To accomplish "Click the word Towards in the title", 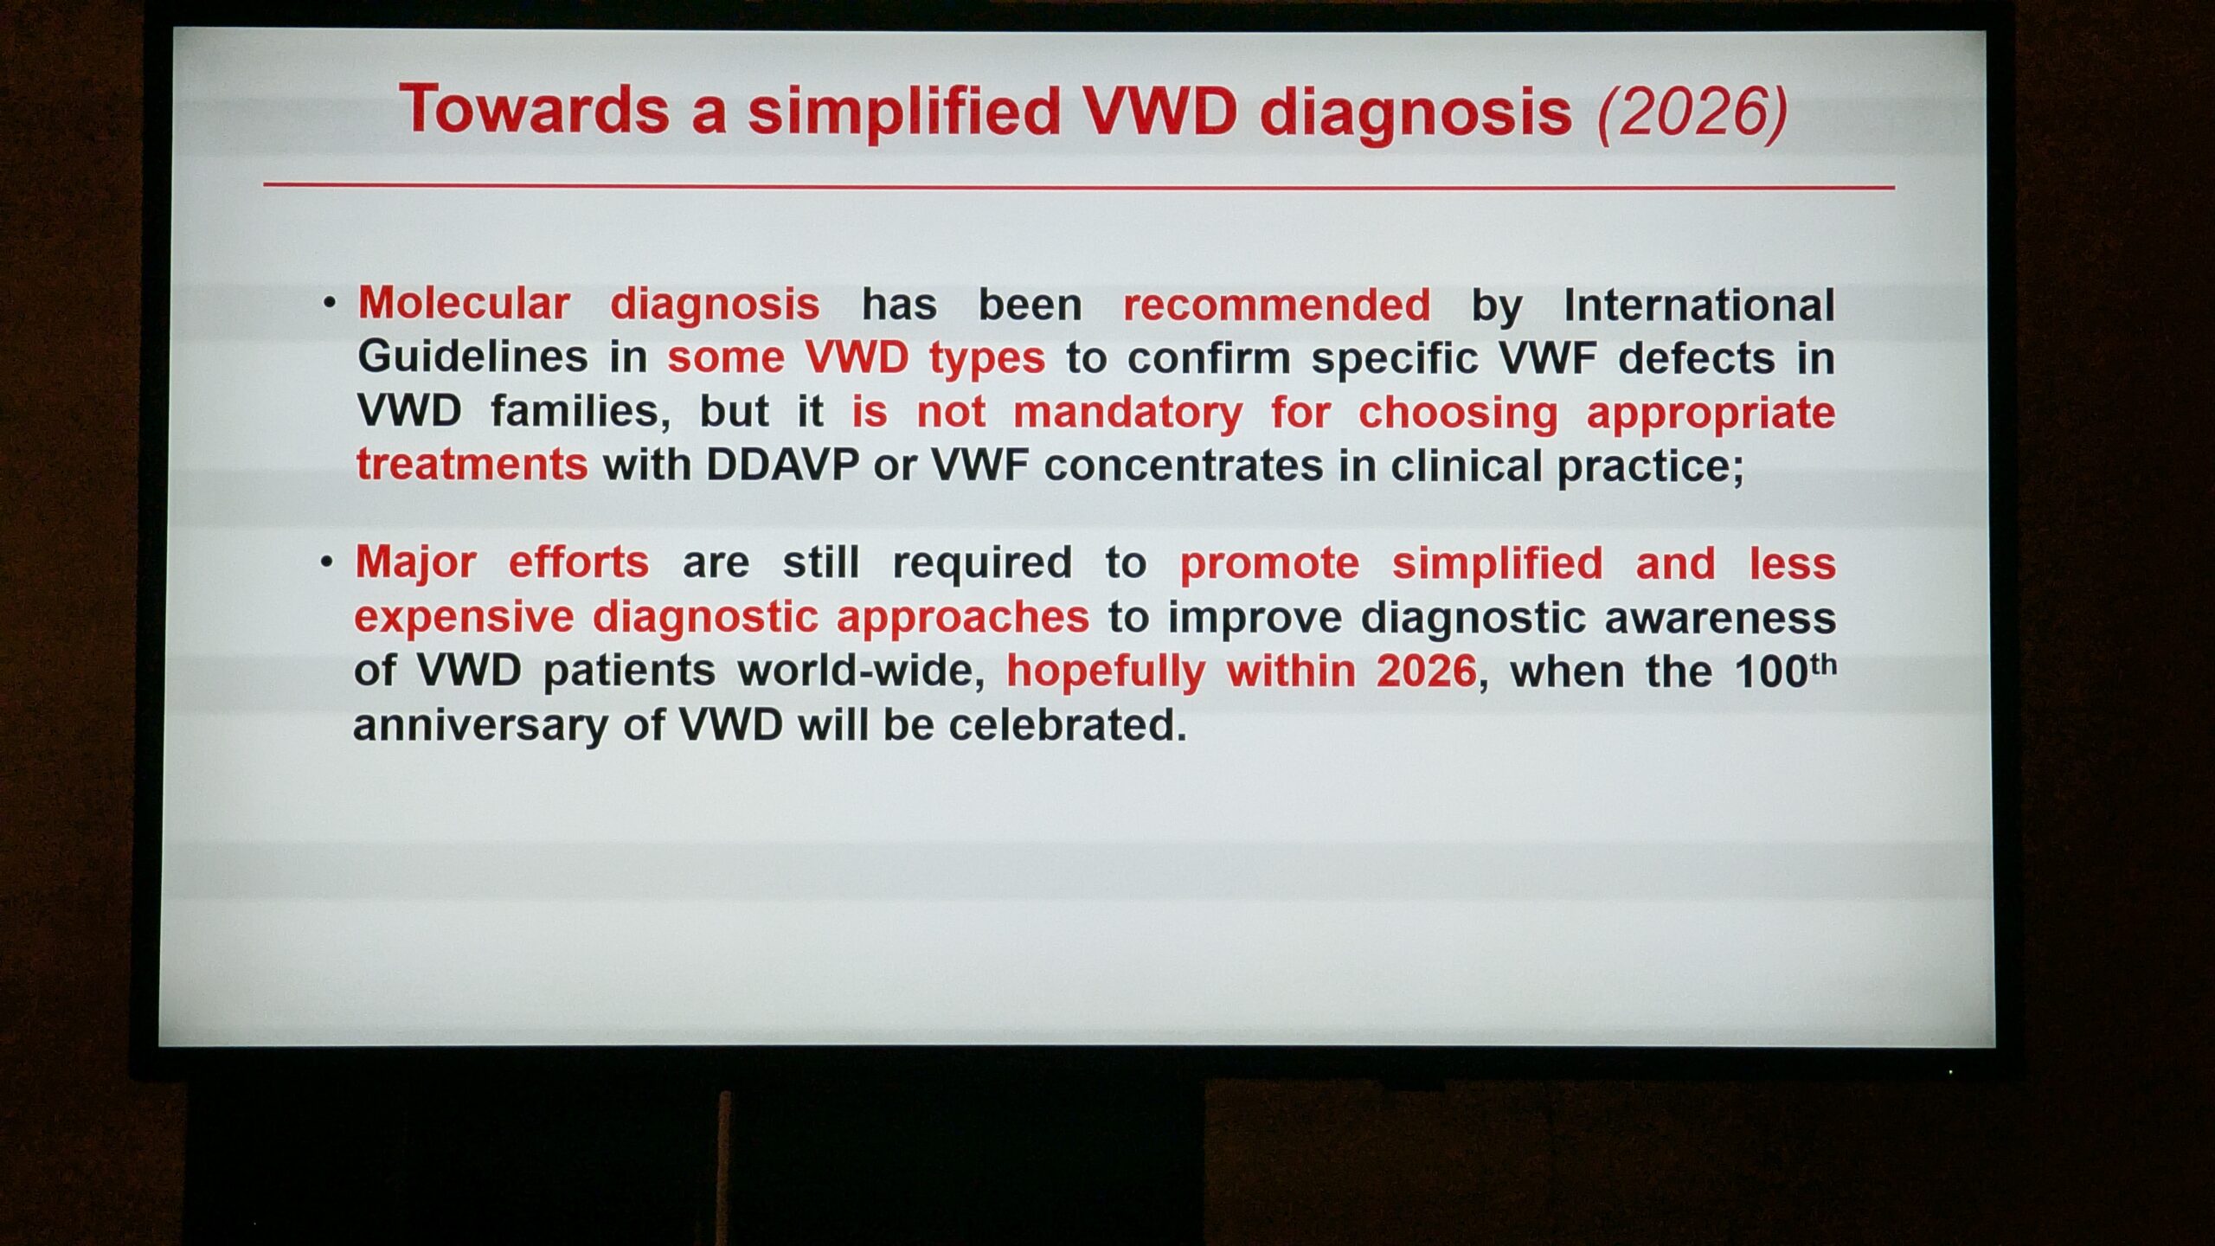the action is click(x=534, y=109).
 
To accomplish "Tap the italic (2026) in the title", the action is click(x=1692, y=113).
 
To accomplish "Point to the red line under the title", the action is click(x=1079, y=185).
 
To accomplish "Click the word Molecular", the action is click(x=464, y=304).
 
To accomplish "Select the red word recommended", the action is click(x=1277, y=305).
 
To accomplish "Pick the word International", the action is click(x=1699, y=305).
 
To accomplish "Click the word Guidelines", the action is click(x=472, y=356).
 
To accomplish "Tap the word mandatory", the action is click(x=1127, y=412).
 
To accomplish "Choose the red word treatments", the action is click(x=472, y=465).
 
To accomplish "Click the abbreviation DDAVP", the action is click(x=782, y=466).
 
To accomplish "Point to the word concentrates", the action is click(x=1184, y=466).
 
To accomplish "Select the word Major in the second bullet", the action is click(x=415, y=563).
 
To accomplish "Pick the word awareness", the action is click(x=1720, y=618).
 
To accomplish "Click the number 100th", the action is click(x=1786, y=670).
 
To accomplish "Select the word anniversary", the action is click(x=480, y=725).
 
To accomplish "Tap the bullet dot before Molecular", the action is click(x=329, y=304).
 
